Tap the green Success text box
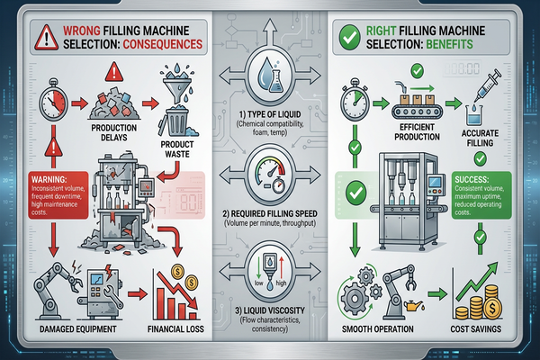pos(486,189)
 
